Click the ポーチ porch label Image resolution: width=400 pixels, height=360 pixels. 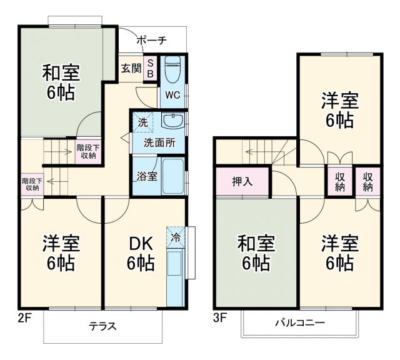tap(151, 41)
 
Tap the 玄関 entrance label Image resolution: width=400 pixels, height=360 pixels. tap(131, 68)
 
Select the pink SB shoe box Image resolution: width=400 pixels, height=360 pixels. tap(151, 68)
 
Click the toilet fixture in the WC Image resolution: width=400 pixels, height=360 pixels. tap(173, 69)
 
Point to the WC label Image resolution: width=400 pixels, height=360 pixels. tap(172, 96)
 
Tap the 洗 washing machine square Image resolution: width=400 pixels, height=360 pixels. tap(142, 122)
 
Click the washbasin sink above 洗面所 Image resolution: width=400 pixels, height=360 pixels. tap(171, 121)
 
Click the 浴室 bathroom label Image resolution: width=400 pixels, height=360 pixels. tap(147, 176)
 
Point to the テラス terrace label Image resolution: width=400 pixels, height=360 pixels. tap(102, 326)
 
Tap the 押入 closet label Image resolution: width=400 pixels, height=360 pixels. tap(242, 182)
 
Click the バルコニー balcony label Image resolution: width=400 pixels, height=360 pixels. tap(299, 323)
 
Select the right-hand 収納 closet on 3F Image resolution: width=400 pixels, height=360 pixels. tap(368, 181)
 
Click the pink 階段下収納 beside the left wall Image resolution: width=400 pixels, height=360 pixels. tap(30, 183)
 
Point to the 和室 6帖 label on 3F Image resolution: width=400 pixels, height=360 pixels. tap(254, 254)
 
